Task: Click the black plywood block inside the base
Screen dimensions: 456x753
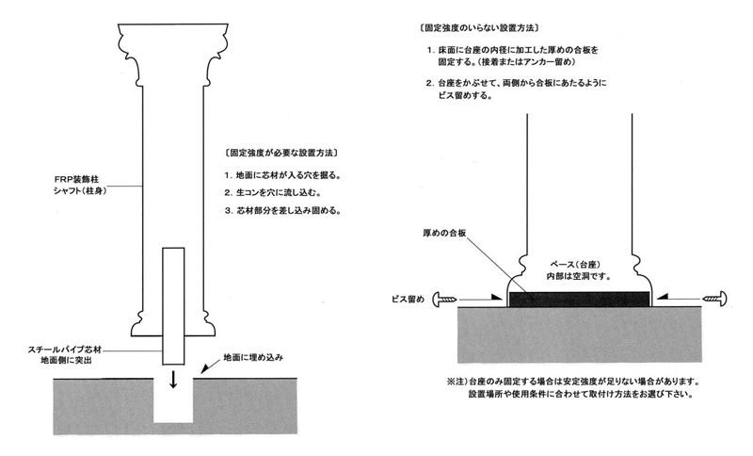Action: point(579,299)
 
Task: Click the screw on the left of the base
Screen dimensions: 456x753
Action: point(447,299)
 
